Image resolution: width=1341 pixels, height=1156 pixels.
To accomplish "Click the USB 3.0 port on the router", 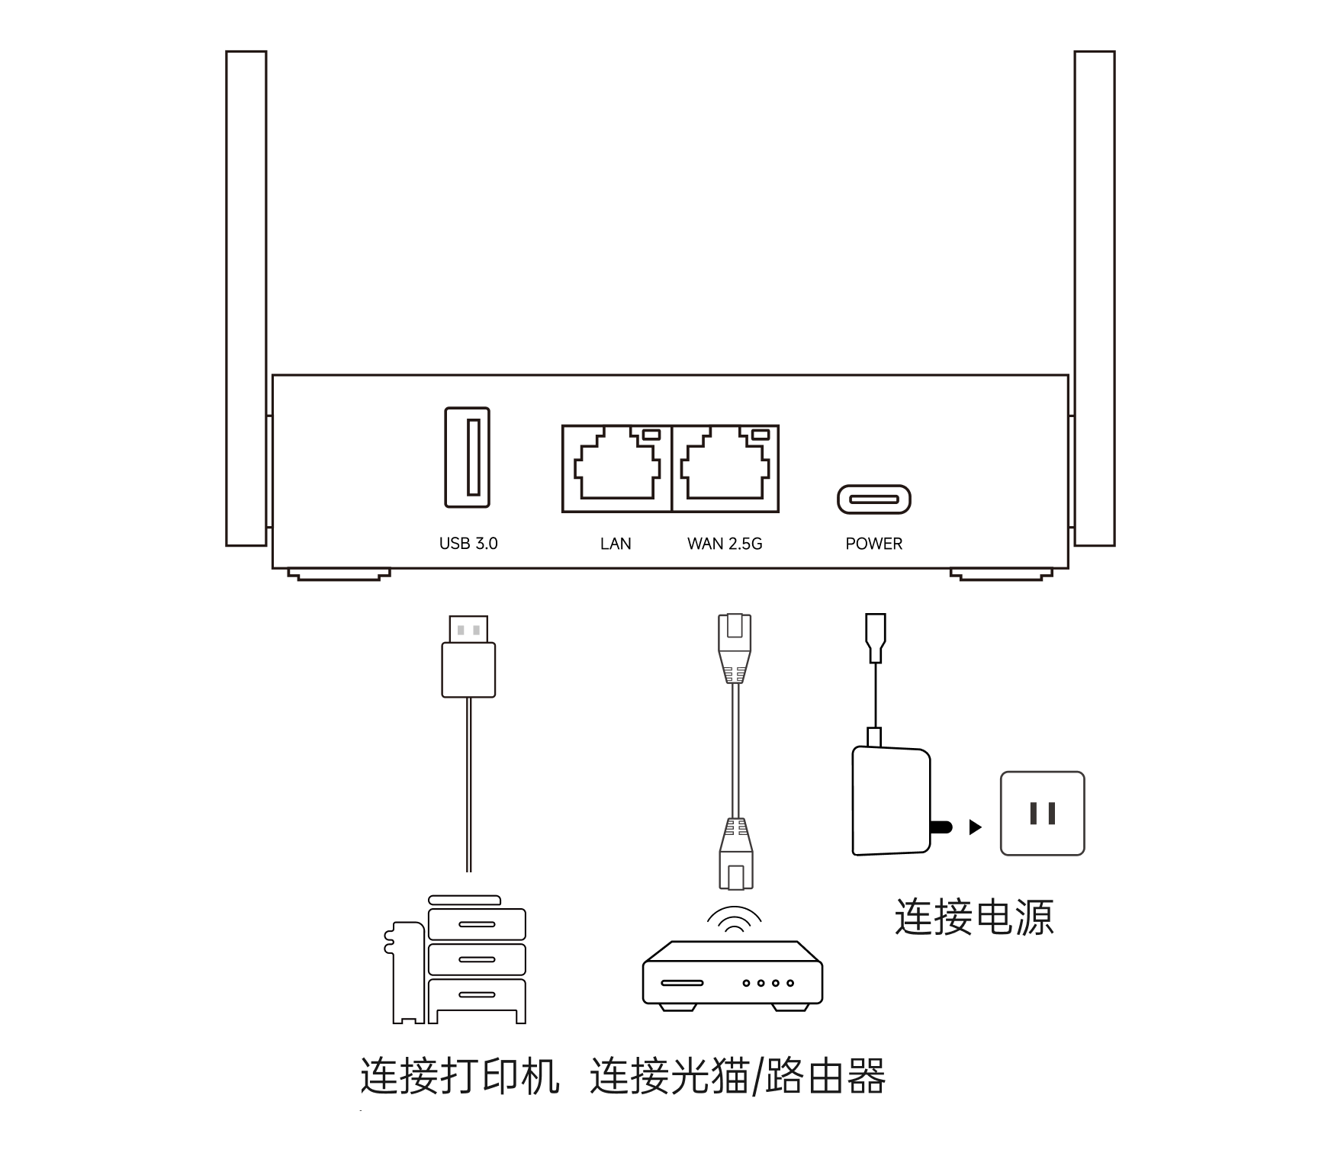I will coord(468,458).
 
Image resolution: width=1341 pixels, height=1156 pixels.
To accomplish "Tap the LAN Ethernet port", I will coord(616,467).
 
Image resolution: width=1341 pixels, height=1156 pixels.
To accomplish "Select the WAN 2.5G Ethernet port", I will coord(725,467).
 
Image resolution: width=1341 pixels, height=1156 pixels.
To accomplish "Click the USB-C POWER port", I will coord(874,499).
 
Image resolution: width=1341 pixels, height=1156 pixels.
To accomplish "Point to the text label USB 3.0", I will coord(468,544).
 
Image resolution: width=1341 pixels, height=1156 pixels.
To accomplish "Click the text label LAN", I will coord(616,544).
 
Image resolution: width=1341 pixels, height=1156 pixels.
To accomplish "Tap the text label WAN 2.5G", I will coord(725,544).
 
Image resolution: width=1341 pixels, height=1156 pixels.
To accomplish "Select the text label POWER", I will coord(874,544).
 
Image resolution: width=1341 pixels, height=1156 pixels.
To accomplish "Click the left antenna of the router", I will coord(246,297).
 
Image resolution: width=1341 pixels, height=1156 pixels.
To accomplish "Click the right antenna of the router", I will coord(1095,297).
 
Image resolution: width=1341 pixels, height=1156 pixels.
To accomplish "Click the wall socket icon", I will coord(1042,813).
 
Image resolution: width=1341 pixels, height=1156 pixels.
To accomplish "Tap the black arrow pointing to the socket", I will coord(975,827).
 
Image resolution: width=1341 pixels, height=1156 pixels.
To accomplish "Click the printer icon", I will coord(458,961).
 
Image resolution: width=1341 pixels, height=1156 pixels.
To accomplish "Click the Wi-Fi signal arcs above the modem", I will coord(734,920).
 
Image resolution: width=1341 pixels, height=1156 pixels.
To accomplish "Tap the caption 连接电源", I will coord(974,917).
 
